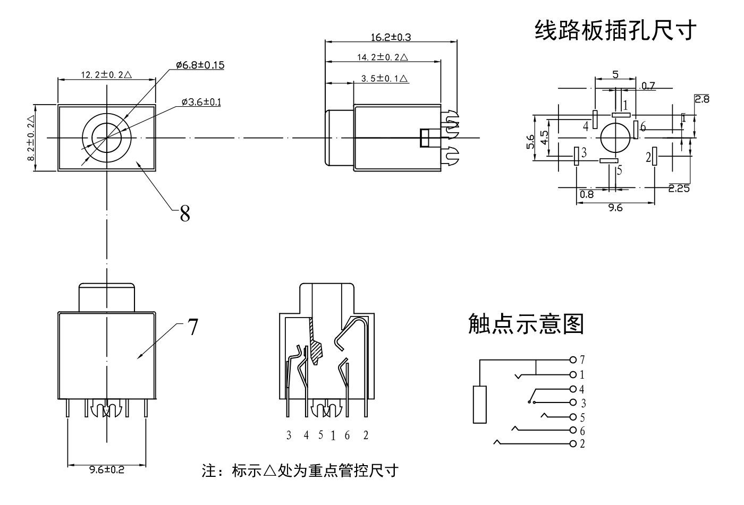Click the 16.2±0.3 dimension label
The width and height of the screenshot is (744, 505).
(391, 37)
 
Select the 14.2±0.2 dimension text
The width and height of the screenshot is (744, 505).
(382, 57)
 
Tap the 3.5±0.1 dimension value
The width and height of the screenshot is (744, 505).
(384, 78)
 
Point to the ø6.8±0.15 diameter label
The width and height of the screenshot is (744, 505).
(200, 65)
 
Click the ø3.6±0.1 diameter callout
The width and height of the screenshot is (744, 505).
(201, 102)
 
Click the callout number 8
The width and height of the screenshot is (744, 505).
(184, 214)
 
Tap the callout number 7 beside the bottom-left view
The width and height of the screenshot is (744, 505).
(192, 328)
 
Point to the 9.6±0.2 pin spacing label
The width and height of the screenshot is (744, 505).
(106, 469)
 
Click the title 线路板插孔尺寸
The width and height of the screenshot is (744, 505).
(615, 30)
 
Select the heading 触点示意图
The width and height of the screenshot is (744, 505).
(526, 323)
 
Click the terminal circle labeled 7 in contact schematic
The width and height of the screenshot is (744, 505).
(573, 360)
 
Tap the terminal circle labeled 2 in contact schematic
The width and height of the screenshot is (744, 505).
(573, 443)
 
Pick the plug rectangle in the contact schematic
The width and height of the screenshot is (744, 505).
(480, 405)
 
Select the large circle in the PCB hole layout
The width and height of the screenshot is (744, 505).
(615, 138)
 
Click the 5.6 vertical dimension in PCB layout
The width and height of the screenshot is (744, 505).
(530, 142)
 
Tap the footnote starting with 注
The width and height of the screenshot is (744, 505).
(300, 470)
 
